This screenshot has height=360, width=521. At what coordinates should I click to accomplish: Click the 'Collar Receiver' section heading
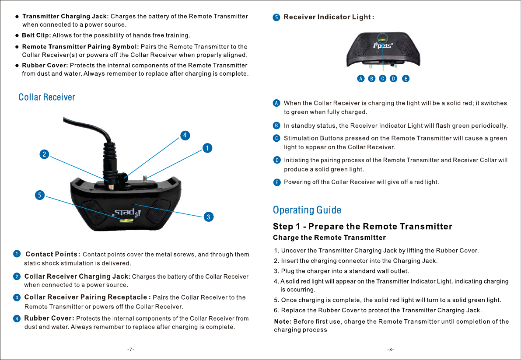point(47,97)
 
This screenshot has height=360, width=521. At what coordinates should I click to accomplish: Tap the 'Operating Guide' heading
point(307,210)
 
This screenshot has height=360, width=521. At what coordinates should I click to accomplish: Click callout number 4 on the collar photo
point(185,135)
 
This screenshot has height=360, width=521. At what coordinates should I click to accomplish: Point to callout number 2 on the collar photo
point(43,154)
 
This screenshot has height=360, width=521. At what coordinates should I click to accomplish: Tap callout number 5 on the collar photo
point(40,195)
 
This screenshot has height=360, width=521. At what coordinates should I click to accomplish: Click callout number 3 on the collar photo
point(209,217)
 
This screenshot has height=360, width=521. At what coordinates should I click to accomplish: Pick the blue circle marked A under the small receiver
point(360,79)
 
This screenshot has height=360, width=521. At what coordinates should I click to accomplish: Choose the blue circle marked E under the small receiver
point(406,79)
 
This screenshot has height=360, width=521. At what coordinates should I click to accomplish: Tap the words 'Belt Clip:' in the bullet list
point(36,35)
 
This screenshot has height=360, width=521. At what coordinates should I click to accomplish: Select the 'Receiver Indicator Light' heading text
point(329,17)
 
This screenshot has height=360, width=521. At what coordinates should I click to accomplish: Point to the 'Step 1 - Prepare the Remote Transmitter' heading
point(363,227)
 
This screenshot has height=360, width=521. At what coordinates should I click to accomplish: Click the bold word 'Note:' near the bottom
point(282,322)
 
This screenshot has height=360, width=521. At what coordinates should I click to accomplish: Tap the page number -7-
point(130,350)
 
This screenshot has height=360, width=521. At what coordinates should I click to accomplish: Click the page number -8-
point(391,350)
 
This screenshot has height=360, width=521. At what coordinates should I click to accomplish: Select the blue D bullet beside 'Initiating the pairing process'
point(276,160)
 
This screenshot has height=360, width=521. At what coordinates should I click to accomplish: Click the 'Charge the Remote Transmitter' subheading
point(329,238)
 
